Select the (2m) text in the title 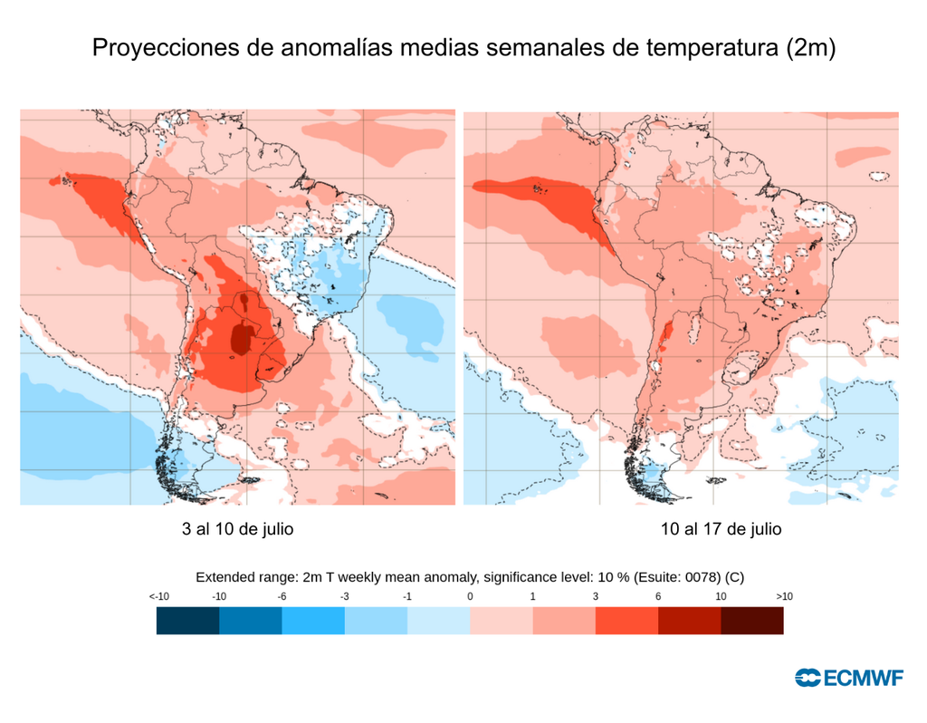[x=807, y=48]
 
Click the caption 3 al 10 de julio [x=238, y=529]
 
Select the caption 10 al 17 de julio [x=721, y=529]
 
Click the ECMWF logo [x=848, y=678]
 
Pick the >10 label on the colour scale [x=784, y=596]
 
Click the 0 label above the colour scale [x=470, y=596]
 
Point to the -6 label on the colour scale [x=282, y=596]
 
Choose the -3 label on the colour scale [x=345, y=596]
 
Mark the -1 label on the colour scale [x=407, y=596]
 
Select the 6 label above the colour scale [x=657, y=596]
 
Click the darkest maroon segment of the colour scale [x=752, y=621]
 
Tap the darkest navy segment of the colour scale [x=187, y=621]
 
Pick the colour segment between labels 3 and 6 [x=626, y=621]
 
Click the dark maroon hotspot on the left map [x=242, y=339]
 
